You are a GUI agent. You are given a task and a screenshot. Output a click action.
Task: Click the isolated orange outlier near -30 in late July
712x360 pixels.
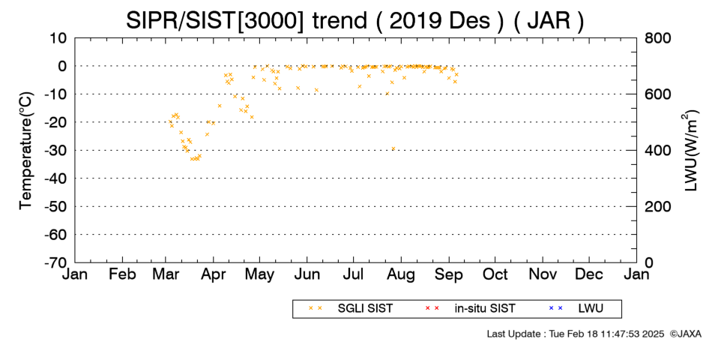tap(393, 148)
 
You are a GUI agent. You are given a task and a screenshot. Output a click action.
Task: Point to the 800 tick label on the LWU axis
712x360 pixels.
tap(658, 38)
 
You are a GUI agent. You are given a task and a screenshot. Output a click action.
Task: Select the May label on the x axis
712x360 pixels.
tap(259, 274)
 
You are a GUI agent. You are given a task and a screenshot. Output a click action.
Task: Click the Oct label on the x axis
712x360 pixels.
tap(495, 274)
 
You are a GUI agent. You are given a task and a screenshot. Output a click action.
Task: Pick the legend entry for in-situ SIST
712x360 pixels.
tap(485, 309)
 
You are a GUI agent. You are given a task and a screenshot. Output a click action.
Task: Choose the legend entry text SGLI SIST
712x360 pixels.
tap(365, 309)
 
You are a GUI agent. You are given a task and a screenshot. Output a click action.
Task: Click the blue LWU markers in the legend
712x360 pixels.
tap(555, 308)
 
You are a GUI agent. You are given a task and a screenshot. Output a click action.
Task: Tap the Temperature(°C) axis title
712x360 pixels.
tap(26, 151)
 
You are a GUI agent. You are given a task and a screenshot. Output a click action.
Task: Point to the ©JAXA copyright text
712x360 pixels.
tap(685, 334)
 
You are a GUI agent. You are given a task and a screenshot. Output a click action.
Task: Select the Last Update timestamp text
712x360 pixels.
tap(576, 334)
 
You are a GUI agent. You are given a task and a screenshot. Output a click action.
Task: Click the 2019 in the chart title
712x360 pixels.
tap(415, 20)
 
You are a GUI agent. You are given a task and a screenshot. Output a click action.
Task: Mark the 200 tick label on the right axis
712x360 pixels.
tap(658, 207)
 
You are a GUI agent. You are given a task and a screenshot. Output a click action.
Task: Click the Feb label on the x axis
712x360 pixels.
tap(123, 274)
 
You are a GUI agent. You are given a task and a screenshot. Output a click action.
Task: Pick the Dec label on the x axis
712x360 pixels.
tap(589, 274)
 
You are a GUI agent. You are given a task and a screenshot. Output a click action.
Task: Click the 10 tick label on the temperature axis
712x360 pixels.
tap(58, 38)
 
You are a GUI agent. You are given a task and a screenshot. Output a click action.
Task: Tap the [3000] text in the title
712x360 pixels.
tap(270, 21)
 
